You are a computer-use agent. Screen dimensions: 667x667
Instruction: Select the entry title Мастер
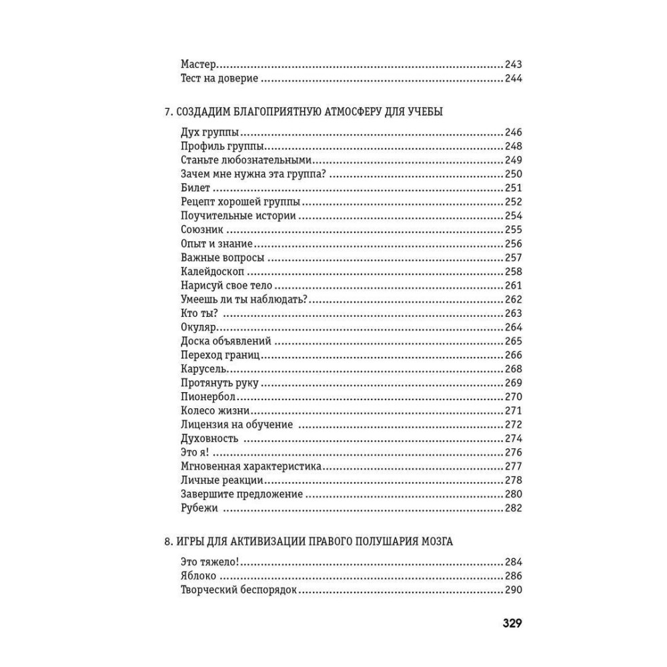(x=199, y=65)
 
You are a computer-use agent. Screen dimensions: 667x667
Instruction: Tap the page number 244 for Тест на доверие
(x=513, y=79)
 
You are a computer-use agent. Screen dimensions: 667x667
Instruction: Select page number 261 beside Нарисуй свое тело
(x=513, y=285)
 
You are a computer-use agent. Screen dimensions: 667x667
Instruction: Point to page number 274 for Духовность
(x=513, y=439)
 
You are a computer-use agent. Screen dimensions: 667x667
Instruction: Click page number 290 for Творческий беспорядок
(x=513, y=590)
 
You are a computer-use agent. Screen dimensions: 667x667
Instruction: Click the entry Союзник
(x=201, y=229)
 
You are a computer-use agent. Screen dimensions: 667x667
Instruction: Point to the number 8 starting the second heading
(x=167, y=541)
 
